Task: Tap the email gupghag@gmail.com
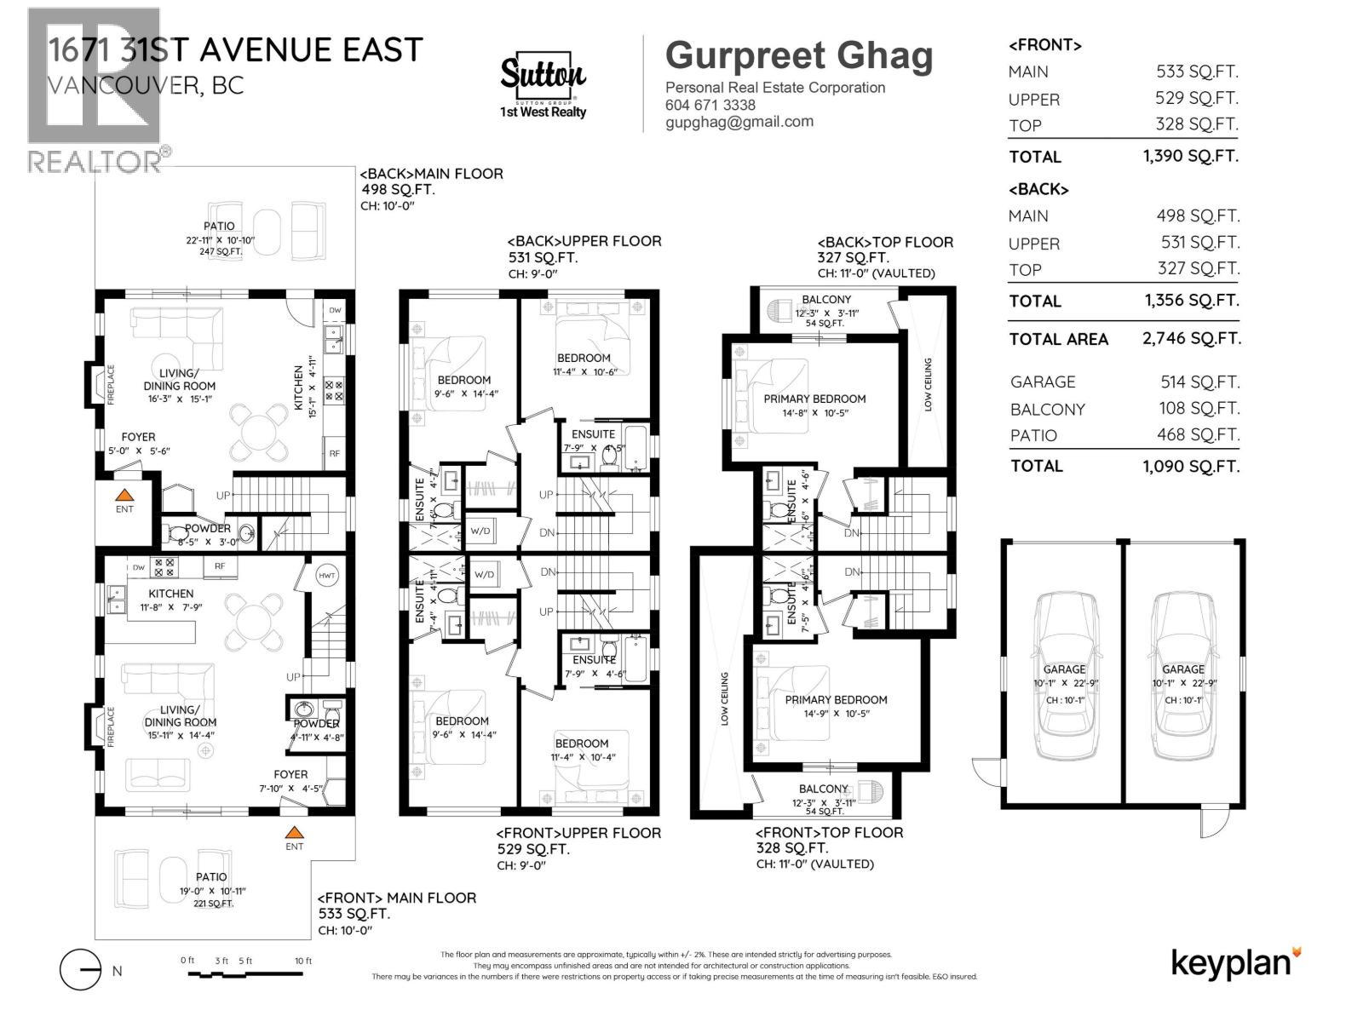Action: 739,122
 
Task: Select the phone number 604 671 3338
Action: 710,105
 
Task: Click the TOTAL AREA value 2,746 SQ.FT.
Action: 1191,338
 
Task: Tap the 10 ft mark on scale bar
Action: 303,961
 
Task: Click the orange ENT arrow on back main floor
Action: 124,495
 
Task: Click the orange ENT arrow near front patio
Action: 294,832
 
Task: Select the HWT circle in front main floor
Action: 327,576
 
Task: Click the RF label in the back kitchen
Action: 335,453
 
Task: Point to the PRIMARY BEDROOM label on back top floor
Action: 814,399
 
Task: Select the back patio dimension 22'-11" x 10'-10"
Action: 218,239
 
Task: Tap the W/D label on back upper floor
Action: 480,531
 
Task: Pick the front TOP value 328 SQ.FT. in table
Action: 1196,124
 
